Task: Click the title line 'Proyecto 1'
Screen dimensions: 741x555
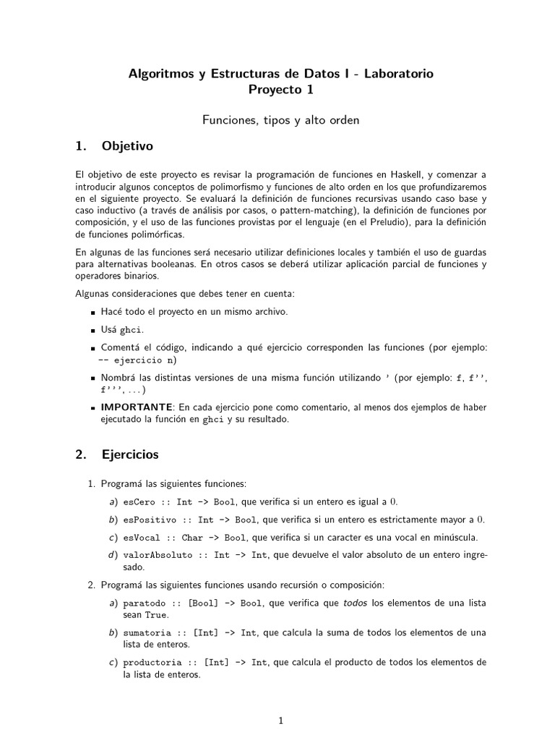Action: (281, 90)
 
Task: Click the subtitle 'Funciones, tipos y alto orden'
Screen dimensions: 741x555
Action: (281, 120)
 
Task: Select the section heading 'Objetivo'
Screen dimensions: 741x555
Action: (127, 146)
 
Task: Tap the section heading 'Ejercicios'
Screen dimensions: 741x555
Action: (130, 455)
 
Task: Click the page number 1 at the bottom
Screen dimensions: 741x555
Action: (281, 721)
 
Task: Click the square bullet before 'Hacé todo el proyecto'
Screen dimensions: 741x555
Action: (94, 313)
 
